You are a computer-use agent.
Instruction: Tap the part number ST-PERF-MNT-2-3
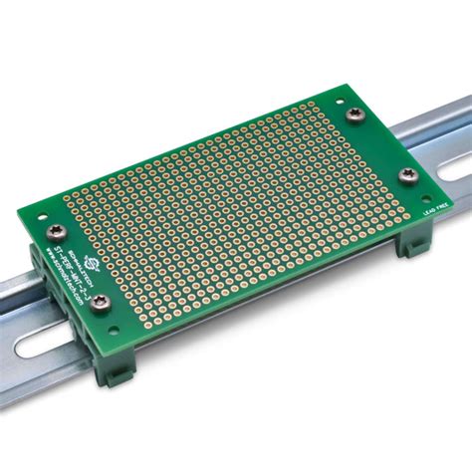click(x=72, y=263)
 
